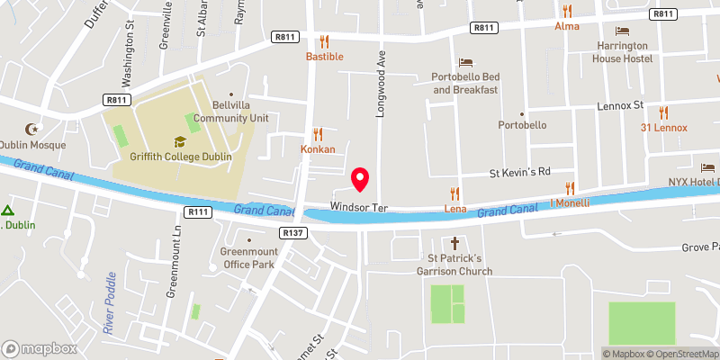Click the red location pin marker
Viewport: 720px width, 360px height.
[361, 179]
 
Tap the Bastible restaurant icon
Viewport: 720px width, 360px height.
[325, 41]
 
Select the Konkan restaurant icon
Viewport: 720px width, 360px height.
[317, 133]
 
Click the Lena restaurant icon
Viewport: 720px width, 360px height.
[454, 193]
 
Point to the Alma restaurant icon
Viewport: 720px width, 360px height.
[566, 12]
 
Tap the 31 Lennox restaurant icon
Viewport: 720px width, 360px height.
[664, 112]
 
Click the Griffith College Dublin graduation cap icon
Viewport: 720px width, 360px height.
[180, 141]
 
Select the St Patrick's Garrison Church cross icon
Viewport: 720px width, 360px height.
[454, 243]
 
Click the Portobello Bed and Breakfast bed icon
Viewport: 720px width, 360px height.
[465, 62]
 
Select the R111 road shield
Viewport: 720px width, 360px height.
[198, 211]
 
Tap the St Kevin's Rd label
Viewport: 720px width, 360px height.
[519, 171]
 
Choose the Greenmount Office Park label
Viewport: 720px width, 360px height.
[247, 258]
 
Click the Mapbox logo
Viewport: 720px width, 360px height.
[40, 348]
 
